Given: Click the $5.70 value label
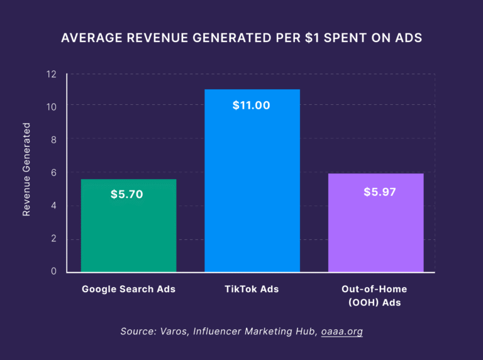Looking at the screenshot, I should point(127,194).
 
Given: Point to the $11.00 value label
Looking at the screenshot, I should point(251,106).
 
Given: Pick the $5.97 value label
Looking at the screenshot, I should point(380,192).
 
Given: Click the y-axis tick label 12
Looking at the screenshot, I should point(52,74).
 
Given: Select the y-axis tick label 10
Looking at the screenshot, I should point(52,107).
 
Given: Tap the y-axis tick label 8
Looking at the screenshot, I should point(53,140).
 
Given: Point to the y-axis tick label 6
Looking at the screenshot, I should point(53,173).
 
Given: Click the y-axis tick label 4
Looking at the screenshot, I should point(53,205).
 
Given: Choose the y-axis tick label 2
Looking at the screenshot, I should point(53,239).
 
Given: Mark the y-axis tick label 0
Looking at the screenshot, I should point(53,271).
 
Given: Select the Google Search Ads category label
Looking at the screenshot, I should point(128,290).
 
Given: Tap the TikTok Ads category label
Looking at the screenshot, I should point(252,290).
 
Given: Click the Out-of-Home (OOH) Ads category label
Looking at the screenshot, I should point(374,296).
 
